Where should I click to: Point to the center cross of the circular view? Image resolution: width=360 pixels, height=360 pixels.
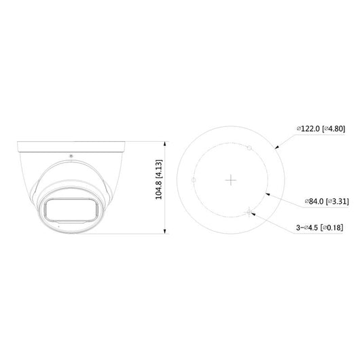pos(232,179)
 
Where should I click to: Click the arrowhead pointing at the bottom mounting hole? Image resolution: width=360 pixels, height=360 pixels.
pos(254,213)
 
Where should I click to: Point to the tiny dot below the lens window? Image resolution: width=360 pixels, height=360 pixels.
pos(56,226)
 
